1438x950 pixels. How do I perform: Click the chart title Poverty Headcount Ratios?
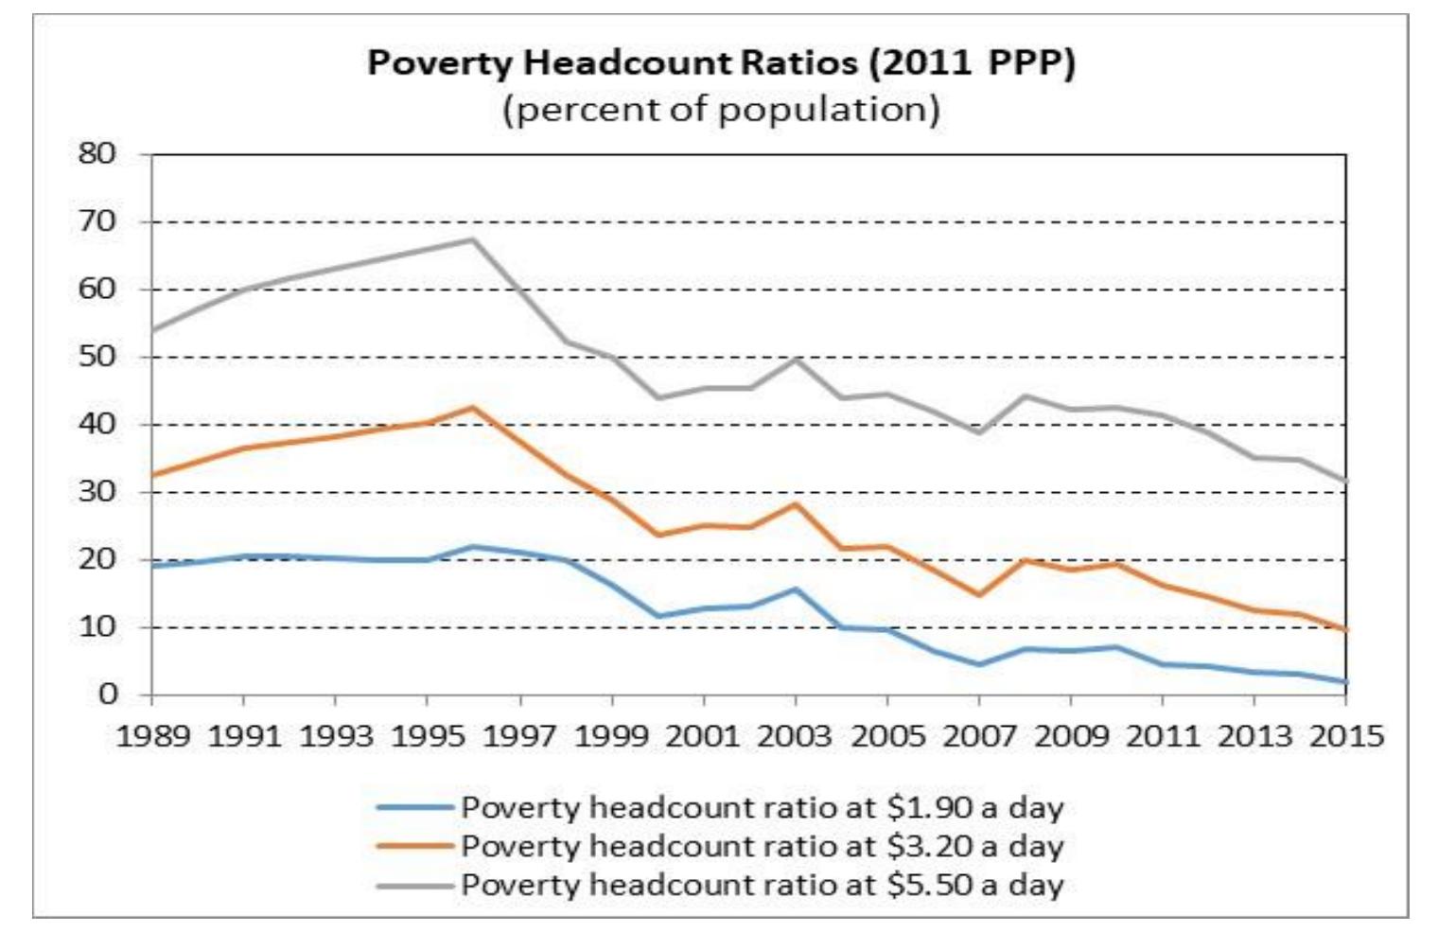721,64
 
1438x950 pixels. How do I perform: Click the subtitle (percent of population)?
721,110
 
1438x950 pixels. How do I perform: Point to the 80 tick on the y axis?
96,154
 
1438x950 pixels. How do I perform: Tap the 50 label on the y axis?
96,357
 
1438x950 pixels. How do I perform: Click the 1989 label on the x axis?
152,736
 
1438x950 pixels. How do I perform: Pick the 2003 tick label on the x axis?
795,736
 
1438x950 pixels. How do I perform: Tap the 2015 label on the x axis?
1345,736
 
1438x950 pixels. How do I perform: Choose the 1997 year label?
519,736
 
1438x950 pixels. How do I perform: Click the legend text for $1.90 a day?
762,807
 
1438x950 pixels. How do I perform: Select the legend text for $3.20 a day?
762,845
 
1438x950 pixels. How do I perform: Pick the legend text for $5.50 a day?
762,885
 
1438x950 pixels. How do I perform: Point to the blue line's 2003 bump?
795,589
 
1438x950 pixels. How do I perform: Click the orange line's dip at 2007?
978,594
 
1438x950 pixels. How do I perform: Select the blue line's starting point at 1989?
153,566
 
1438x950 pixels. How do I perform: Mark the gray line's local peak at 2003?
795,360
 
